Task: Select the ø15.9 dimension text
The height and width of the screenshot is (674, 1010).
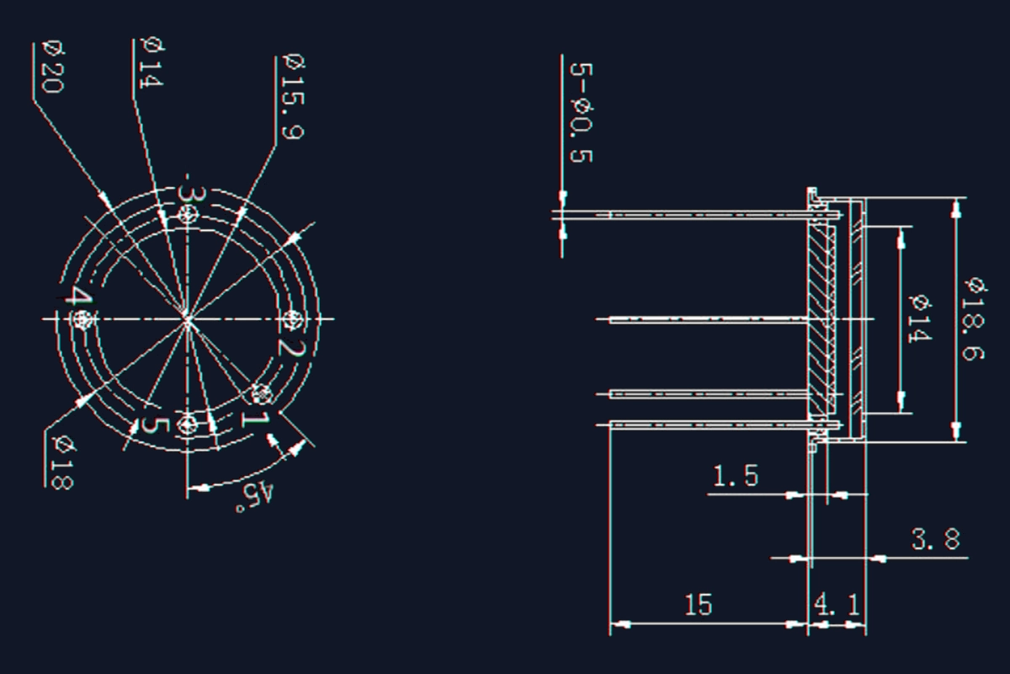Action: (294, 97)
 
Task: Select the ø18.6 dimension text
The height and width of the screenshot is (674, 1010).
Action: (974, 318)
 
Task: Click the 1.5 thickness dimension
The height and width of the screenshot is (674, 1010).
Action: (736, 477)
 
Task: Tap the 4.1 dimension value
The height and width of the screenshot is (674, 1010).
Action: (837, 605)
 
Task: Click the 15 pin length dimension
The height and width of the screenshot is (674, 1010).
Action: (698, 605)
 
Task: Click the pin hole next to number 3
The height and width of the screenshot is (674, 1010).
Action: (188, 217)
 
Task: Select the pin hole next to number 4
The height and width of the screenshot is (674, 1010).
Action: (82, 319)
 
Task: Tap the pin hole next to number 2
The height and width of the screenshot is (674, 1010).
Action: (291, 319)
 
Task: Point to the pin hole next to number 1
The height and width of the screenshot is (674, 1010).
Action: (262, 393)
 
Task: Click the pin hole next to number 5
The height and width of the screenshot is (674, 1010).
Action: (188, 423)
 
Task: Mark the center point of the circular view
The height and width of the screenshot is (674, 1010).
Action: (187, 319)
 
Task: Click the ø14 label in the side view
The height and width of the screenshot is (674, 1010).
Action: (919, 318)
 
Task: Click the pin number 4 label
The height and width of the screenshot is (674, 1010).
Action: (78, 297)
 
